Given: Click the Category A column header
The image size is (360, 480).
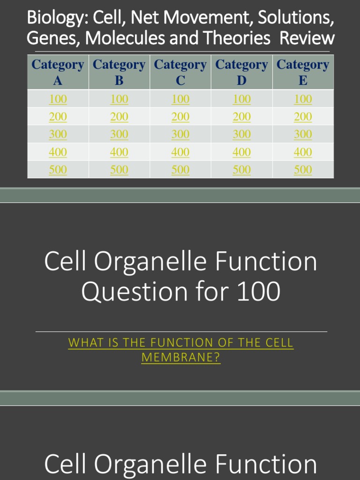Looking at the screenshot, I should tap(58, 72).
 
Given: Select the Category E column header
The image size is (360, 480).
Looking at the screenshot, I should tap(303, 72).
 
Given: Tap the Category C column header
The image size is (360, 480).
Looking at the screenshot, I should tap(180, 72).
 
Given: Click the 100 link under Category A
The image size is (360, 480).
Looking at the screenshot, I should tap(58, 99).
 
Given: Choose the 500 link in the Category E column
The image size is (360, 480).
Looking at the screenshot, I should tap(303, 170).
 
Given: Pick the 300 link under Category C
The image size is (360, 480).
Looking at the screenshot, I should tap(180, 134).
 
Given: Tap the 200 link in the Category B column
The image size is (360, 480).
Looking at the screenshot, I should tap(119, 117).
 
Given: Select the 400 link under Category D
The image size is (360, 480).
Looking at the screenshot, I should tap(241, 152).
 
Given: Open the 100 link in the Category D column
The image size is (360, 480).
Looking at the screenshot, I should tap(241, 99).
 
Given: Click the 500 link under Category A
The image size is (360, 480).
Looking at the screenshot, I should tap(58, 170).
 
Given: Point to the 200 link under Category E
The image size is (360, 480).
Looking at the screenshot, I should tap(303, 117).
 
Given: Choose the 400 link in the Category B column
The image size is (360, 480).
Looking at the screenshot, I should tap(119, 152).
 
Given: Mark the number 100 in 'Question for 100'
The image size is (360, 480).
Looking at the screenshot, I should tap(257, 292).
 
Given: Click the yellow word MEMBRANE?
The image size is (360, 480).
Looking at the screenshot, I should tap(180, 358).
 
